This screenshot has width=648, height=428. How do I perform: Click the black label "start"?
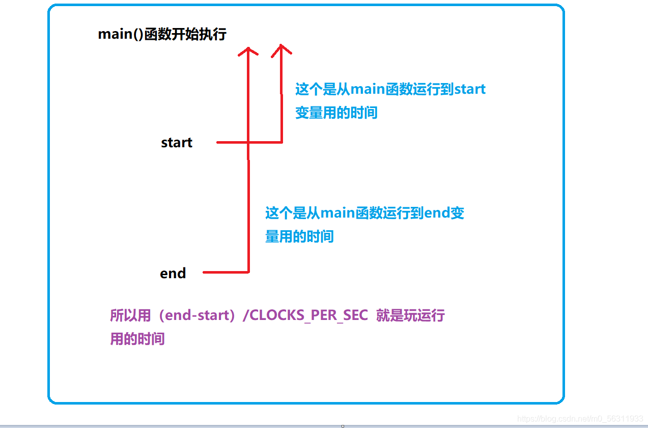(177, 143)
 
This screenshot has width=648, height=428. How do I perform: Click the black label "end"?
(173, 274)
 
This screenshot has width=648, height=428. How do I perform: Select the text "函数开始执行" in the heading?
(185, 35)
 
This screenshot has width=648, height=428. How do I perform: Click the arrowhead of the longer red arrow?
(248, 51)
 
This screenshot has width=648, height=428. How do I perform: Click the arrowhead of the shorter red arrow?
(281, 49)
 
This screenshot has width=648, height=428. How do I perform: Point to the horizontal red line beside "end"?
(226, 272)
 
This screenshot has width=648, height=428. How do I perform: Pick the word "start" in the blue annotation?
(469, 89)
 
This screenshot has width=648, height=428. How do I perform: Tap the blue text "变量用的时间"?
(336, 113)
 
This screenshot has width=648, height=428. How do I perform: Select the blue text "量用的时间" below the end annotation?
(299, 236)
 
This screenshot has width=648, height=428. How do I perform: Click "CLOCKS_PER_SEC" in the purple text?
(308, 315)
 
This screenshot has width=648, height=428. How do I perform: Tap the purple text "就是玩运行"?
(410, 315)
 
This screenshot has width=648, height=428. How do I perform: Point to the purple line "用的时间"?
(137, 339)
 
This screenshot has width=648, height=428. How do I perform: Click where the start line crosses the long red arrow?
(248, 143)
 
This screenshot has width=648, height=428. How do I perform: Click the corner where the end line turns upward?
(248, 272)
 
